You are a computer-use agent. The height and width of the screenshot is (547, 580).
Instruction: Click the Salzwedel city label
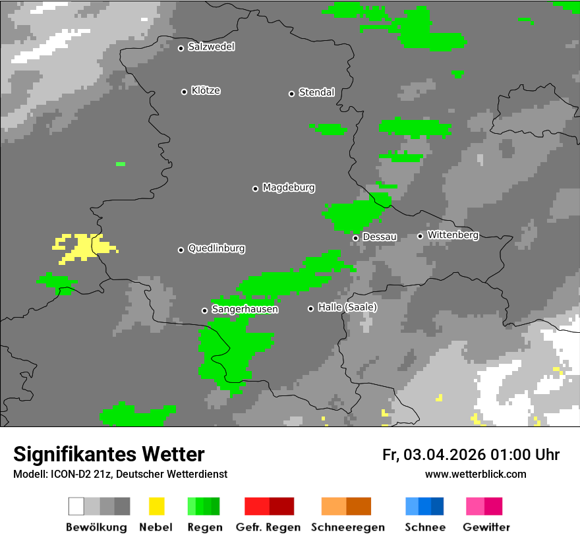pos(211,47)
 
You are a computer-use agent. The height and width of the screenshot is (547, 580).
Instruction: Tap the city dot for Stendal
pos(291,94)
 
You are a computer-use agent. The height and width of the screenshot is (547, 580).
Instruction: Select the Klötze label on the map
pos(206,90)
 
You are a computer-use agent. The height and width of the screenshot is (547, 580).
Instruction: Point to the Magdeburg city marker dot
pos(255,188)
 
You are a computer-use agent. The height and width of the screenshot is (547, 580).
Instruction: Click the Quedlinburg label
pos(216,248)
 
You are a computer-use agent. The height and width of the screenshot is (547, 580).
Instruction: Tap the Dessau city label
pos(380,237)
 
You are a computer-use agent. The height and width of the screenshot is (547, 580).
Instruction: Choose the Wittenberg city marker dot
pos(420,236)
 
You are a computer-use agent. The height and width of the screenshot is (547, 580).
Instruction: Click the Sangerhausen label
pos(245,309)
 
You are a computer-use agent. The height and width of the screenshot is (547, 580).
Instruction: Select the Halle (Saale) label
pos(347,307)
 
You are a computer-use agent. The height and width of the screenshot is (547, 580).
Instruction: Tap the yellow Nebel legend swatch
pos(156,506)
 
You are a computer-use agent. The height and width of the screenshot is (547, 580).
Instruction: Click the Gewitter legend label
pos(486,527)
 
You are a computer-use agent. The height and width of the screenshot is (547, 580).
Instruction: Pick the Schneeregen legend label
pos(347,527)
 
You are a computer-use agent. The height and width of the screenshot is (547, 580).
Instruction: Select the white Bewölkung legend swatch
pos(76,506)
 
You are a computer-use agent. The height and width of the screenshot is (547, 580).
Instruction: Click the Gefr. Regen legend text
pos(268,527)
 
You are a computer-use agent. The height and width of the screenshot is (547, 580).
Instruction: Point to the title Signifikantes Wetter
pos(109,454)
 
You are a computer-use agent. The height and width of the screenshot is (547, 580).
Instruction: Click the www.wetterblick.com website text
pos(475,474)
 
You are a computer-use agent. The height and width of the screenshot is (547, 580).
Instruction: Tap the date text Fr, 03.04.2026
pos(434,455)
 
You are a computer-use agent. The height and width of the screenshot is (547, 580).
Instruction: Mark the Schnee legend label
pos(424,527)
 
